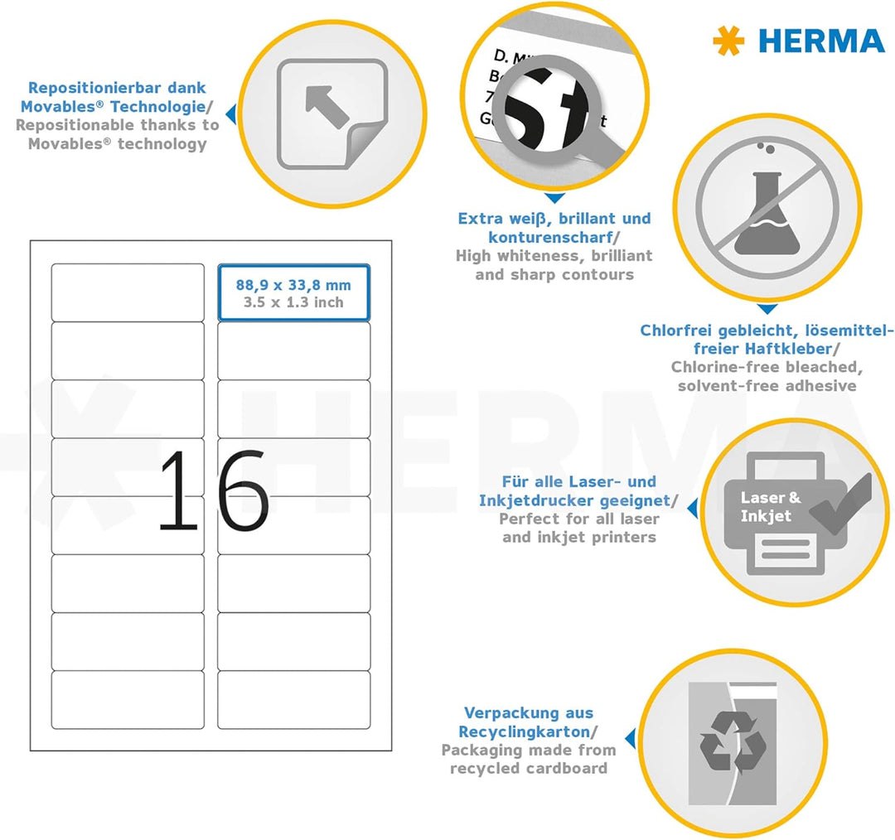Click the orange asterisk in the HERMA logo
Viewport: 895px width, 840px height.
click(728, 41)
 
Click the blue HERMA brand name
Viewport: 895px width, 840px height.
click(821, 41)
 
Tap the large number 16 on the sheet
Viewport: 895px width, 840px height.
click(213, 491)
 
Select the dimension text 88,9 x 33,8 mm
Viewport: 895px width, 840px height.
click(293, 285)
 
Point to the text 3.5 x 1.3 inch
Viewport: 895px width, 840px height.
click(293, 302)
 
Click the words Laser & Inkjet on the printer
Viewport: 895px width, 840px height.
click(770, 507)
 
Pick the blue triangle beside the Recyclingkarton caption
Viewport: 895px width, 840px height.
click(631, 739)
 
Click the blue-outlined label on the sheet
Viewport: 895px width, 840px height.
click(293, 292)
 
